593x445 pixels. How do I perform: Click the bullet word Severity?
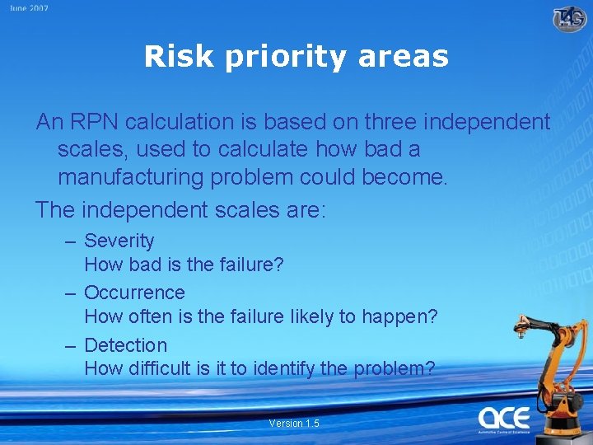[119, 241]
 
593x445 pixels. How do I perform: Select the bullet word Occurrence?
[134, 293]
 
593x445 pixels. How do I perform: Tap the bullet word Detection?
[125, 345]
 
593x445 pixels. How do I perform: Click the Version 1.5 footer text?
[294, 424]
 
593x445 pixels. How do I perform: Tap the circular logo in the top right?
[569, 17]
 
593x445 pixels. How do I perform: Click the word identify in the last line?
[282, 368]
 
